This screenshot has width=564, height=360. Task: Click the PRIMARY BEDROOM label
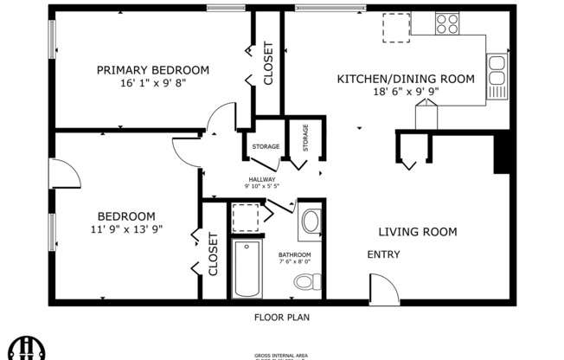(153, 70)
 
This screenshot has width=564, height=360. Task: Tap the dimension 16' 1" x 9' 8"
(153, 84)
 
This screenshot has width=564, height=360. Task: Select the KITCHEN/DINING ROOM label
(405, 79)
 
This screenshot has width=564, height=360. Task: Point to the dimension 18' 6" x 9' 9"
(405, 91)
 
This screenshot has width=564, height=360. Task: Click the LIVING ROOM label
(417, 232)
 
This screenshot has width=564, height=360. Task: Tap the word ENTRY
(383, 254)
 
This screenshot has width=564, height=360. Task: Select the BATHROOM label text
(295, 255)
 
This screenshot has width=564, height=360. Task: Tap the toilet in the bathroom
(307, 281)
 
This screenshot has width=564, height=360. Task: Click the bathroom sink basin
(310, 222)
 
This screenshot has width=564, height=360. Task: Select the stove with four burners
(447, 22)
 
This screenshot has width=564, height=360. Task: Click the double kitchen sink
(497, 75)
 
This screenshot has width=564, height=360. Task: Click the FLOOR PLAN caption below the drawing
(281, 318)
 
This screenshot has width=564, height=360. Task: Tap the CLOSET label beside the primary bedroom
(268, 63)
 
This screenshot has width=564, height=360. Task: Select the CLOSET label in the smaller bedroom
(213, 254)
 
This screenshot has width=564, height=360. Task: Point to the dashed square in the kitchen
(396, 28)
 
